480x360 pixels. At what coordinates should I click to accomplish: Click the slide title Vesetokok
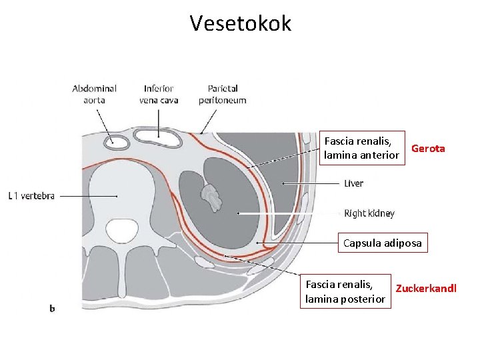click(240, 23)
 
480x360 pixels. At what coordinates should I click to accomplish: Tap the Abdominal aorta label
click(94, 94)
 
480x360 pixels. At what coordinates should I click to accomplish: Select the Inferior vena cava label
click(158, 94)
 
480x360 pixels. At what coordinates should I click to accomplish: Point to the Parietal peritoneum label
click(222, 94)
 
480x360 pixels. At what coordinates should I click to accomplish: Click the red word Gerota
click(428, 149)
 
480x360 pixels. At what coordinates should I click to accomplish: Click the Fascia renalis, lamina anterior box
click(362, 149)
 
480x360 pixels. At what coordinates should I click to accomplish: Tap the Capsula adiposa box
click(382, 243)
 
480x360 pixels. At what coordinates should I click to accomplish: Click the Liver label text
click(354, 183)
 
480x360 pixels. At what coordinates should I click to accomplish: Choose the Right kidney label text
click(369, 214)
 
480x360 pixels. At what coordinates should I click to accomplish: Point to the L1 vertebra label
click(31, 196)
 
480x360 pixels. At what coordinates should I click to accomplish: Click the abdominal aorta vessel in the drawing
click(121, 141)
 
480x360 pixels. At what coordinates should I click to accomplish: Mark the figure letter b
click(52, 308)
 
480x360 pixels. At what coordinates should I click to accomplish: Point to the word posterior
click(363, 299)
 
